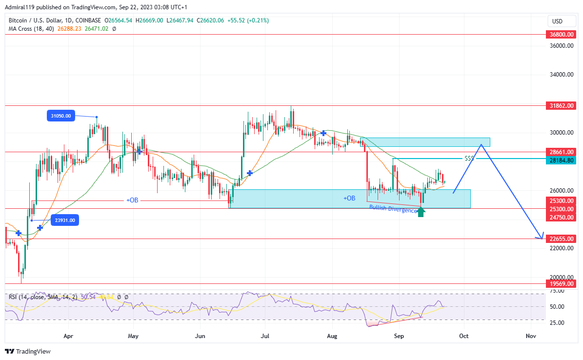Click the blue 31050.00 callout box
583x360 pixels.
click(61, 116)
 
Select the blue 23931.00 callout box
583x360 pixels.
click(65, 220)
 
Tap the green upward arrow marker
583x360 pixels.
click(421, 212)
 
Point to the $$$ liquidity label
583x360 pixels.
click(469, 159)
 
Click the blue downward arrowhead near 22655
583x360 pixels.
click(540, 237)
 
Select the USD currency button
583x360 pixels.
click(557, 21)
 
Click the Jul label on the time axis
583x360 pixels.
click(265, 336)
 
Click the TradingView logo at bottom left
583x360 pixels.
click(28, 351)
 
